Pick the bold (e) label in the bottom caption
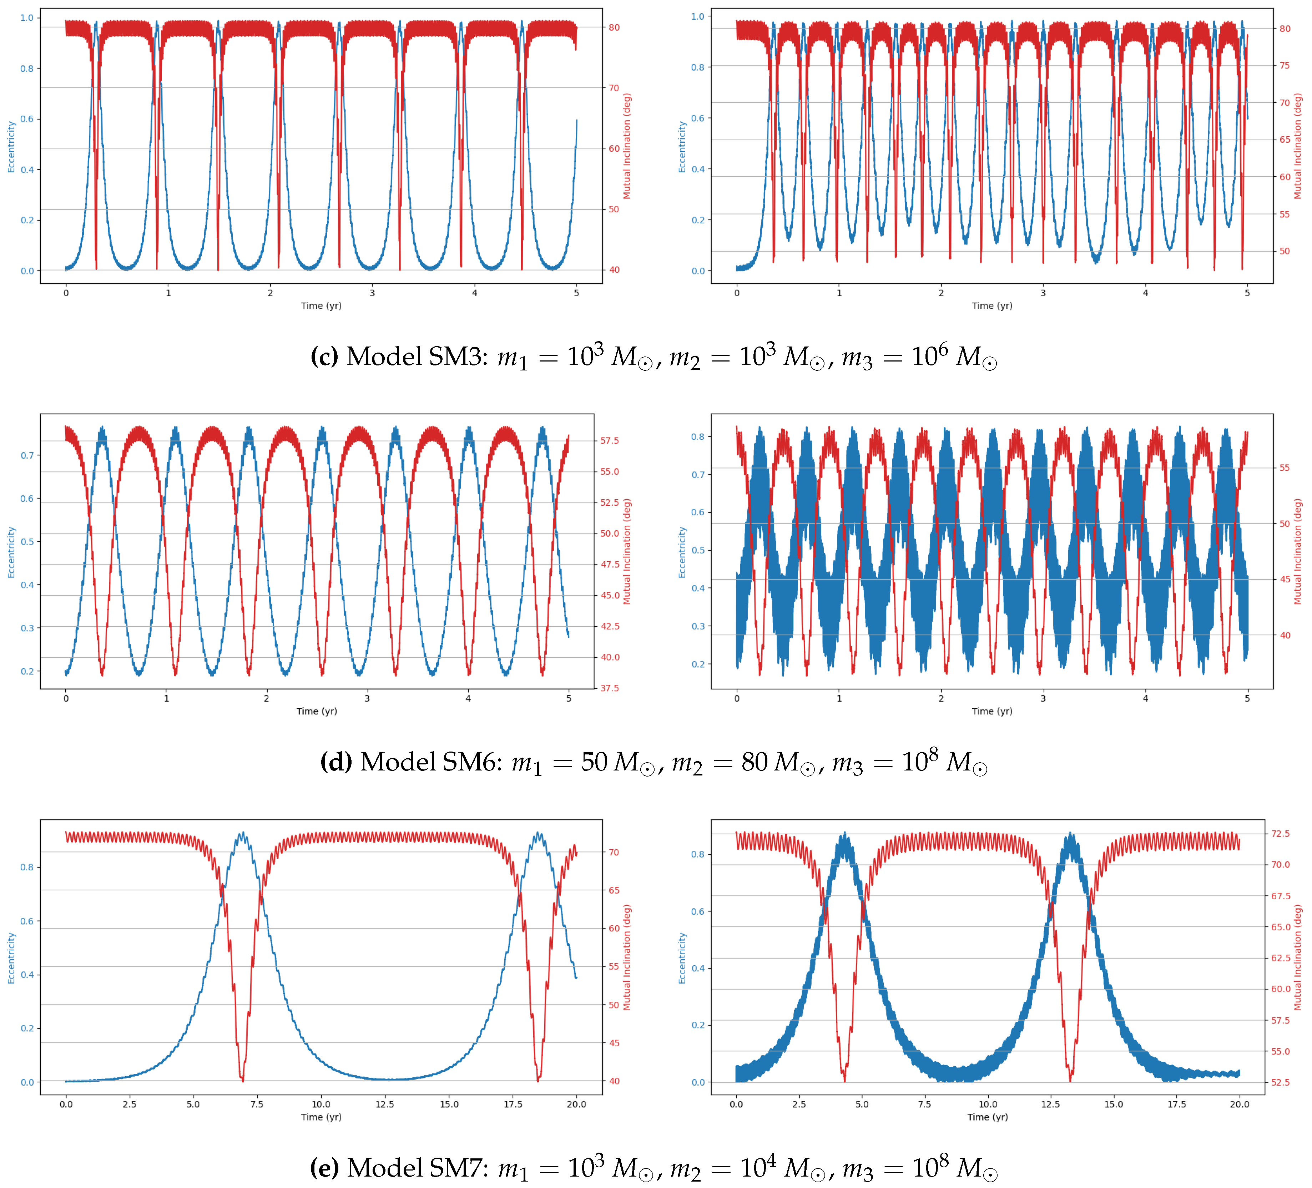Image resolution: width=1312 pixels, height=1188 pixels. pyautogui.click(x=324, y=1168)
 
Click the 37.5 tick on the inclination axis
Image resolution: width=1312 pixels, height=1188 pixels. pyautogui.click(x=610, y=688)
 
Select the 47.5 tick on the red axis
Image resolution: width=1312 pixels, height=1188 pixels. pyautogui.click(x=610, y=564)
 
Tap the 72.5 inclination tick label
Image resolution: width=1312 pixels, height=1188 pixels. pyautogui.click(x=1281, y=833)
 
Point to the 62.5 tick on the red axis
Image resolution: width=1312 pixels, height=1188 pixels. pyautogui.click(x=1281, y=958)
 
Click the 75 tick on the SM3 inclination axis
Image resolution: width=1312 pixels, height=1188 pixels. pyautogui.click(x=1285, y=66)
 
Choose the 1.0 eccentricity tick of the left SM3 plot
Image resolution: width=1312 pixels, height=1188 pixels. pyautogui.click(x=27, y=17)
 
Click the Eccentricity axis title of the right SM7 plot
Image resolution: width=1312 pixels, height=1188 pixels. pyautogui.click(x=682, y=958)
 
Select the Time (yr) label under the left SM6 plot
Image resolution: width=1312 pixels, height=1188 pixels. pyautogui.click(x=317, y=711)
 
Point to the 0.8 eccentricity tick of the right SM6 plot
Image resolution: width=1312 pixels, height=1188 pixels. pyautogui.click(x=698, y=436)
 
